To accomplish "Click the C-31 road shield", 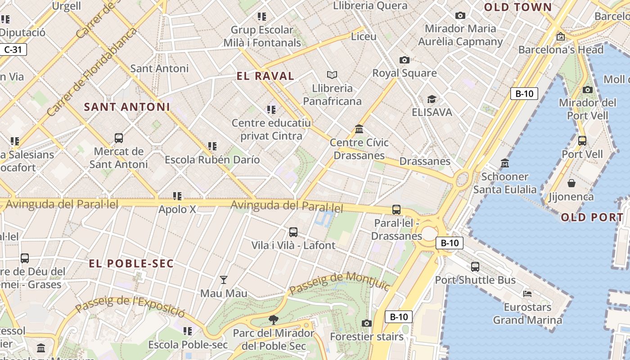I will point(13,49).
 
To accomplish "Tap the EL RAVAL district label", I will point(265,76).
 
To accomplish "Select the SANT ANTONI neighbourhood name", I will point(127,107).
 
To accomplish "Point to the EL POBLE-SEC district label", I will point(131,264).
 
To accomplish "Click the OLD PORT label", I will point(592,217).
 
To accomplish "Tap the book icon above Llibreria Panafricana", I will point(332,75).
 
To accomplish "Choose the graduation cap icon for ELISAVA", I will point(432,99).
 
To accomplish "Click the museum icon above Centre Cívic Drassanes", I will point(359,129).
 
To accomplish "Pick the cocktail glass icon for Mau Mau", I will point(223,280).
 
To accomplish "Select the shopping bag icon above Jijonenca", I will point(571,183).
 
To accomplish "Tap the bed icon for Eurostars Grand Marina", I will point(527,294).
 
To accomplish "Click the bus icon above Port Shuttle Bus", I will point(475,267).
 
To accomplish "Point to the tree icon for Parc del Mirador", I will point(273,320).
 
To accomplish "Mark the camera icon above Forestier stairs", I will point(367,323).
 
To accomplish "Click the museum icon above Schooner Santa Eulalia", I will point(504,163).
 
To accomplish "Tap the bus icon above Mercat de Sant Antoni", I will point(119,138).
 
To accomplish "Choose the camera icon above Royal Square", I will point(404,60).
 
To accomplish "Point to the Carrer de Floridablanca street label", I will point(92,72).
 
